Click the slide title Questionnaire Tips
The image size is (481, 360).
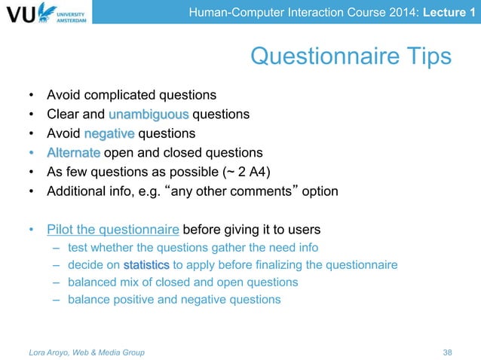pos(351,56)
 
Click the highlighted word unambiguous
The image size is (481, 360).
pos(149,115)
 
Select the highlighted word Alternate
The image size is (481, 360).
pos(73,153)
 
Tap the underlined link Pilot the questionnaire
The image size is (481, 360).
pos(113,230)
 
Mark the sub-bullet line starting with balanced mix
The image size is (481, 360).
pos(182,282)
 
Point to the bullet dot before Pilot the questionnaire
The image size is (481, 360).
pos(31,230)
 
